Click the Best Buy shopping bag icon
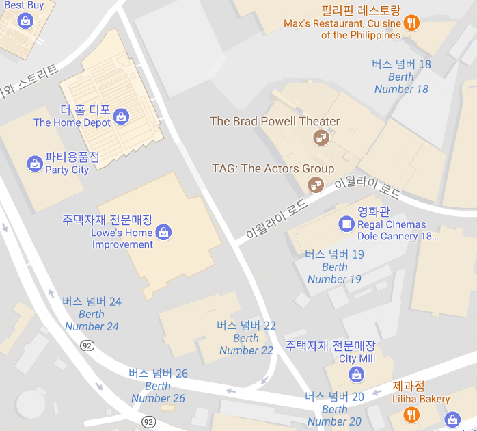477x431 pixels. [x=25, y=21]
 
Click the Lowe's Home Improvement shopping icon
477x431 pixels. [x=163, y=233]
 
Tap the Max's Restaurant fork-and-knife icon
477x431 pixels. [x=411, y=23]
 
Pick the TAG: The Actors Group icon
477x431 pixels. [x=315, y=183]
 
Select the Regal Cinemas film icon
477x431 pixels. [x=347, y=224]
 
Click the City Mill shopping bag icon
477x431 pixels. [x=356, y=374]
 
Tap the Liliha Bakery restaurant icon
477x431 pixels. [x=411, y=415]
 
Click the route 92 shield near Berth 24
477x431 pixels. [x=87, y=345]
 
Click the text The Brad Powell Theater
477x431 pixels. [x=275, y=121]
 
